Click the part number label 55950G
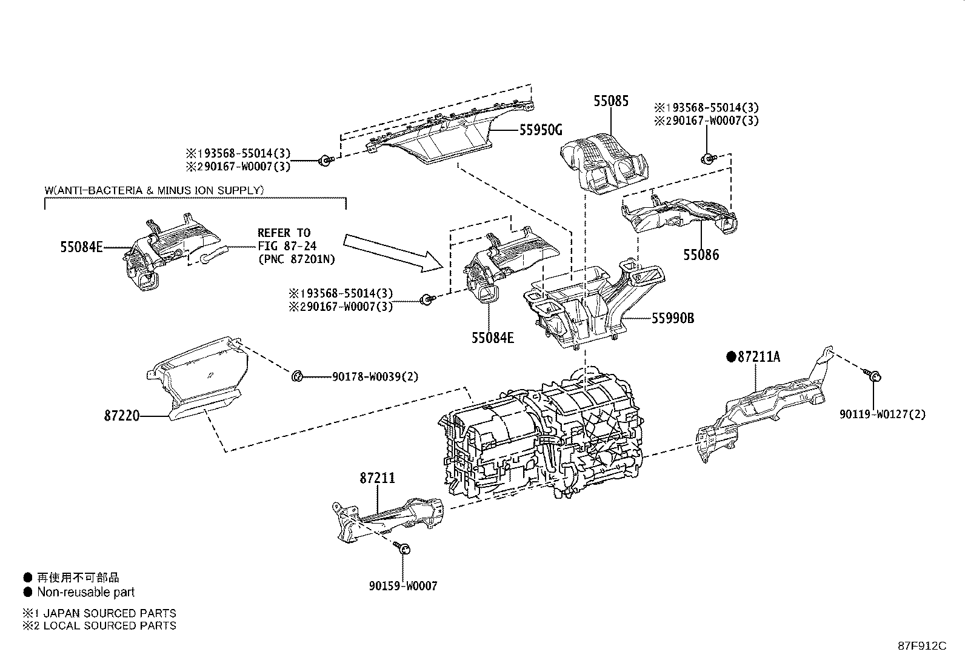(x=541, y=130)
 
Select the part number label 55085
(x=610, y=101)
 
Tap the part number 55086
(x=701, y=255)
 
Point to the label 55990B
(x=673, y=318)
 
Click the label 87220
(x=122, y=416)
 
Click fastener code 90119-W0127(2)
(x=882, y=415)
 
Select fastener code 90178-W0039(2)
(x=375, y=376)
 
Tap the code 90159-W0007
(x=402, y=585)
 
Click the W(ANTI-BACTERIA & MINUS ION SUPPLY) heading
(x=155, y=190)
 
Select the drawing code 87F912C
(x=921, y=645)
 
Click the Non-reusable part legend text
(x=85, y=592)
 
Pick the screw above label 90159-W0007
(x=403, y=548)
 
